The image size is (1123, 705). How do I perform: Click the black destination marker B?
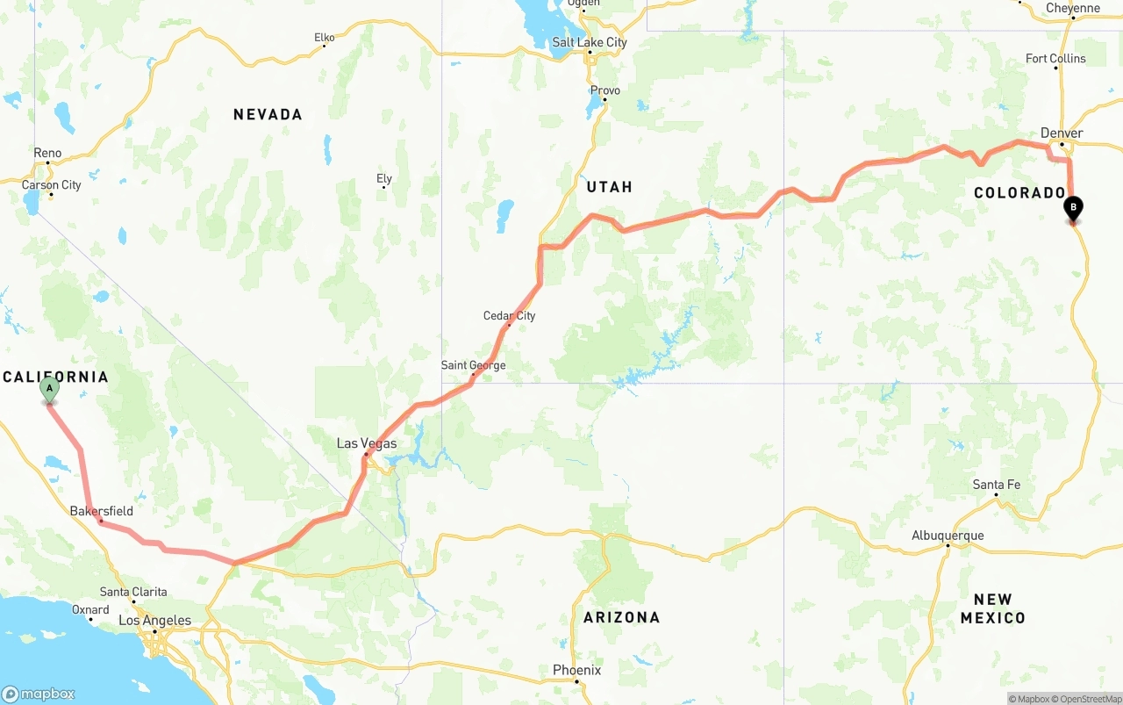tap(1072, 209)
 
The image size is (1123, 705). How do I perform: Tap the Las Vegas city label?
tap(367, 443)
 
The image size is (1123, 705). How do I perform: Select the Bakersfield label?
tap(102, 511)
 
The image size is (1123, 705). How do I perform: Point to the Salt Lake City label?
tap(590, 42)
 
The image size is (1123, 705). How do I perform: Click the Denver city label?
tap(1062, 133)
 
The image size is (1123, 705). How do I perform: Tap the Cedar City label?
tap(509, 316)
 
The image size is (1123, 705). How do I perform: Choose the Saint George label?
tap(473, 365)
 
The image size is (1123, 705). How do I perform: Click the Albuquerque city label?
tap(948, 536)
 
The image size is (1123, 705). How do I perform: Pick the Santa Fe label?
tap(996, 485)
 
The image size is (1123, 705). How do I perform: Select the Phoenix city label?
tap(576, 670)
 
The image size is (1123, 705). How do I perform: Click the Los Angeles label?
tap(154, 621)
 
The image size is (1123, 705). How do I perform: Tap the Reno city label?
tap(47, 153)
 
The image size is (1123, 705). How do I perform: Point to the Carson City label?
tap(51, 185)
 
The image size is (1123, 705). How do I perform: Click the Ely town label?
tap(384, 179)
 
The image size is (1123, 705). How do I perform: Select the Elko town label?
tap(324, 38)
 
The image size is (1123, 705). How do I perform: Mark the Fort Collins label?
tap(1055, 59)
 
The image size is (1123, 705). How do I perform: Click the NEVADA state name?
tap(268, 114)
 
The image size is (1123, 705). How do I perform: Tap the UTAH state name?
tap(609, 187)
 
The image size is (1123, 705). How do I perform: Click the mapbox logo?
tap(39, 694)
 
